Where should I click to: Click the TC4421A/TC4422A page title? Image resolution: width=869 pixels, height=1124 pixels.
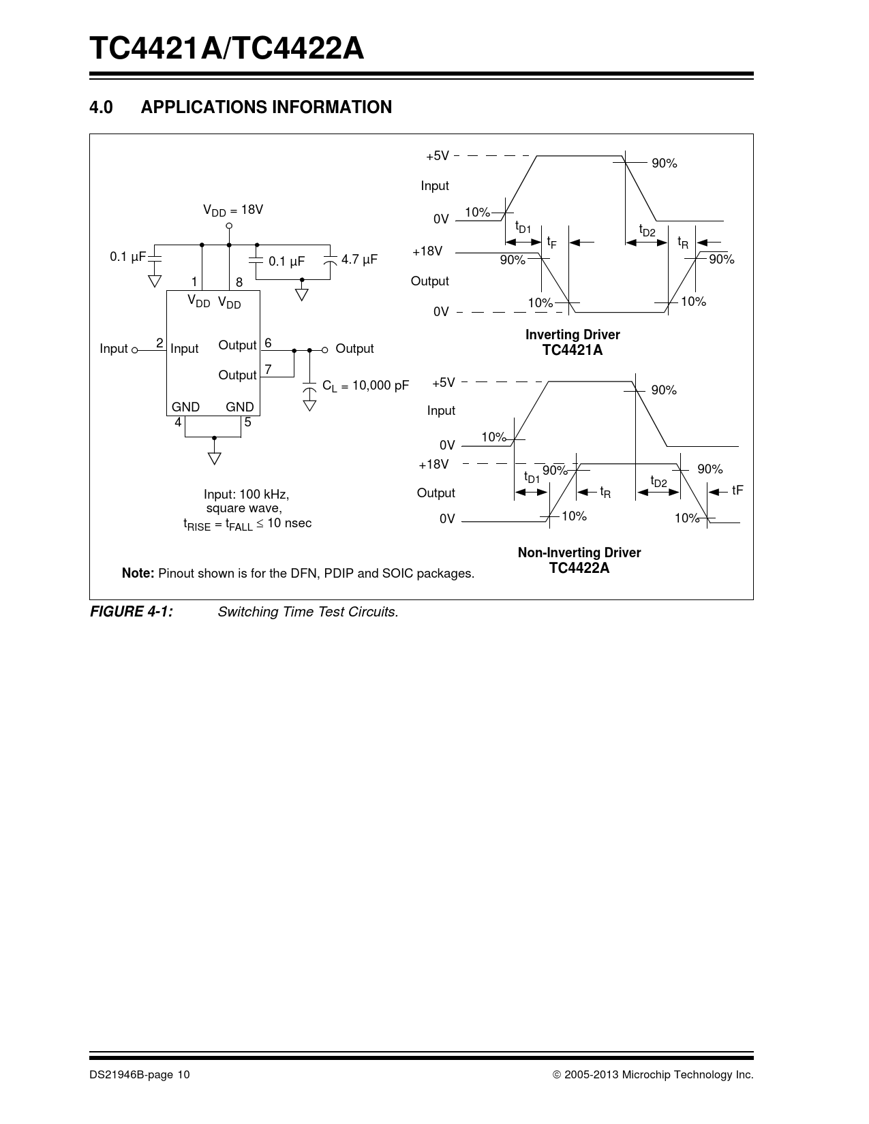226,49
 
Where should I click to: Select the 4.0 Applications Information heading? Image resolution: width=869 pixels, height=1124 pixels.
241,108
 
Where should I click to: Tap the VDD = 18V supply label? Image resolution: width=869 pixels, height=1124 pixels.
232,210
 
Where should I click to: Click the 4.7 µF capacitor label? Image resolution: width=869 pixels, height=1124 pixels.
359,260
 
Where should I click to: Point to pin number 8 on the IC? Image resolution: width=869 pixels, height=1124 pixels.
239,282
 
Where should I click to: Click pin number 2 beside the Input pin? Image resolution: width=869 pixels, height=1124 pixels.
159,343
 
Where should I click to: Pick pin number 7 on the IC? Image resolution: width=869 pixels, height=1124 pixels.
269,370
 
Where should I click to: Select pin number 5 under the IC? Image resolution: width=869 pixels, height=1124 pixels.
248,422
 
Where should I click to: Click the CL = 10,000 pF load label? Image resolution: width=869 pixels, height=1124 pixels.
365,386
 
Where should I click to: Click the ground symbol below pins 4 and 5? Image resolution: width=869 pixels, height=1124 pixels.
215,457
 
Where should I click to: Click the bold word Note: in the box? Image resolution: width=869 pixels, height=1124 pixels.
138,573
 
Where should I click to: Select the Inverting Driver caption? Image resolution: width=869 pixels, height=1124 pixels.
573,334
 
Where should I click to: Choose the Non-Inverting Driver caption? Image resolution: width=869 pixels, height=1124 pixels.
579,552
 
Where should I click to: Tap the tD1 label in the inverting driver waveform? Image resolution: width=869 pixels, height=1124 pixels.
523,227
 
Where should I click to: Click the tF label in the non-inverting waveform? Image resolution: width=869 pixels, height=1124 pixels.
737,490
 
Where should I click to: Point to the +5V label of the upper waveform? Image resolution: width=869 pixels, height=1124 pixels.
438,156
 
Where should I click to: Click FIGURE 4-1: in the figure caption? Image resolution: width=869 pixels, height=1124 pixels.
132,612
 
